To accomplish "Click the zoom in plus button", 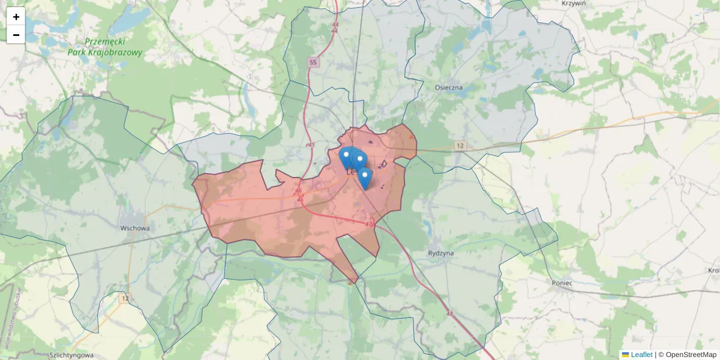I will pos(16,17).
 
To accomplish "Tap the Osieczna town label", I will pos(449,88).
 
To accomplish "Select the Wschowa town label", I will pos(134,228).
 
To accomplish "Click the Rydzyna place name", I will pos(441,253).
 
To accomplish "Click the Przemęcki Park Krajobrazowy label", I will pos(113,47).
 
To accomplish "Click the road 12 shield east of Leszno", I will pos(460,146).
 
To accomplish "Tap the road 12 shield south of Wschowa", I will pos(124,298).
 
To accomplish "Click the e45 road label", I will pos(310,145).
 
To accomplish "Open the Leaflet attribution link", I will pos(641,355).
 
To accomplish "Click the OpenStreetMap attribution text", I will pos(691,355).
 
